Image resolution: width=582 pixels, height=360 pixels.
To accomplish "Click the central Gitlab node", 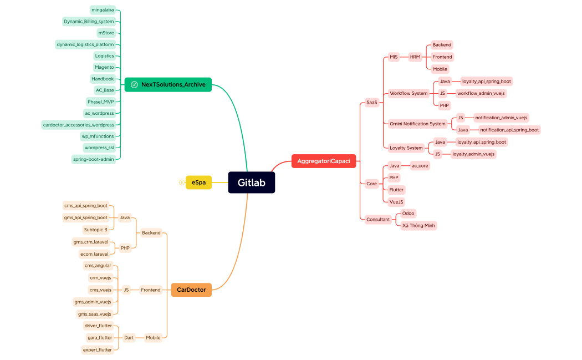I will point(251,182).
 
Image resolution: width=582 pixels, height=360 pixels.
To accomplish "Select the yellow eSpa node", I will point(198,182).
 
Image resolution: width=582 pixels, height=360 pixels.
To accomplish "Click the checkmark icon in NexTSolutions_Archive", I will point(134,84).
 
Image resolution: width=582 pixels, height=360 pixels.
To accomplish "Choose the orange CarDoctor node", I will point(191,290).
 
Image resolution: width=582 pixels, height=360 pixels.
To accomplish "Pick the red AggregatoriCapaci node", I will point(324,161).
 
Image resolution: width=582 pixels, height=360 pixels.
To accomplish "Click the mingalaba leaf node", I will point(103,10).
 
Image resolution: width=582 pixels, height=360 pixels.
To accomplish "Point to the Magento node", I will point(104,67).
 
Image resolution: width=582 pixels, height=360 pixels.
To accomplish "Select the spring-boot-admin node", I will point(94,159).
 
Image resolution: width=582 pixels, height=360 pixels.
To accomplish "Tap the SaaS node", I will point(371,103).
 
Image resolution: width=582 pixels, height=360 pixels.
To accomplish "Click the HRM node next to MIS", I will point(415,57).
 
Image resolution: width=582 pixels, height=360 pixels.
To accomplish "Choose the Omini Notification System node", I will point(417,124).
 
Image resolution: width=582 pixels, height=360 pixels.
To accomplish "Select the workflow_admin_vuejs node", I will point(481,93).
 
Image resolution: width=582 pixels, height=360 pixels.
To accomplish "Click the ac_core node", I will point(420,165).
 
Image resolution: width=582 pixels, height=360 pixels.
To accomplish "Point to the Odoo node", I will point(408,213).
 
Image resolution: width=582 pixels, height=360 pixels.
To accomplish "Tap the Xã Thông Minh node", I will point(418,226).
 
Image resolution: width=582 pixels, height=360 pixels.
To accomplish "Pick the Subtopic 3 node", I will point(96,230).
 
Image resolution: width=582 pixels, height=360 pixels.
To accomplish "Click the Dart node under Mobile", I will point(129,337).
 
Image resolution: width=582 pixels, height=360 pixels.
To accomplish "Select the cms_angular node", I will point(98,266).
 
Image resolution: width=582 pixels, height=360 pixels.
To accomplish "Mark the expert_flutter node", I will point(98,349).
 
